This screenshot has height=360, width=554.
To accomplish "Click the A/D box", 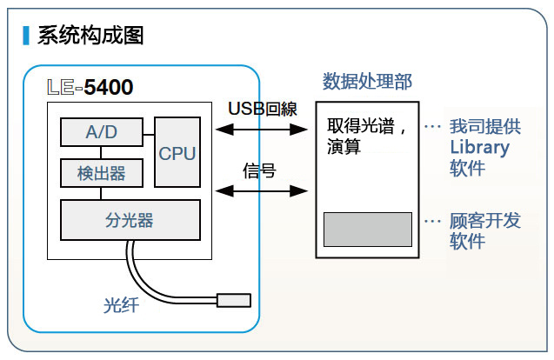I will point(101,132).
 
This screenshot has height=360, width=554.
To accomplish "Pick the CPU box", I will point(177,152).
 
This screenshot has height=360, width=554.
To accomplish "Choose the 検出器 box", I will point(101,173).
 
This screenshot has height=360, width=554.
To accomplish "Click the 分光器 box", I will point(129,220).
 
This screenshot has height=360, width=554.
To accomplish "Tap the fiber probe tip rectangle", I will point(234,301).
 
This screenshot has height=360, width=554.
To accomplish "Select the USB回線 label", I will point(263,110).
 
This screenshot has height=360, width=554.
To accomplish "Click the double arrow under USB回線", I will point(263,130).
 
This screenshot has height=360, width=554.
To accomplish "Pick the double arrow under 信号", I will point(263,190).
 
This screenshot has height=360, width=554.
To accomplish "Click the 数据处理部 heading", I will point(367,81).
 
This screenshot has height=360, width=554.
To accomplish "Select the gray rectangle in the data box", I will point(368,229).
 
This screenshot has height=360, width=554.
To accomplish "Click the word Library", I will point(479,147).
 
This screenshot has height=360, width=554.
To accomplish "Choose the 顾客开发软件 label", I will point(484,230).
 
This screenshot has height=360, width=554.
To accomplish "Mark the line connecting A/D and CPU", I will point(148,132).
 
